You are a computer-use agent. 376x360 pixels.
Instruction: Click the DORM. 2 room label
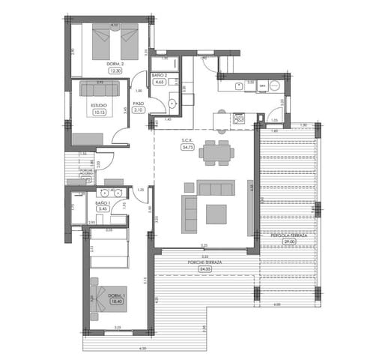[115, 64]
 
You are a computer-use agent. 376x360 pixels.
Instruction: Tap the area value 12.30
[115, 72]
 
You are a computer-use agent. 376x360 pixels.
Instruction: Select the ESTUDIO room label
[98, 106]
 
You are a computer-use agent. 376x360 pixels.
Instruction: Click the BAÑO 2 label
[159, 76]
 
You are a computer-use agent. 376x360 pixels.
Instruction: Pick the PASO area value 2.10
[139, 110]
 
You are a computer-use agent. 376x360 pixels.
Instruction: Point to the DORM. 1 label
[115, 296]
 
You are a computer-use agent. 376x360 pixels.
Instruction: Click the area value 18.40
[115, 304]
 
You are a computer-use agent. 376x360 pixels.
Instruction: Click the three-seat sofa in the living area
[215, 187]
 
